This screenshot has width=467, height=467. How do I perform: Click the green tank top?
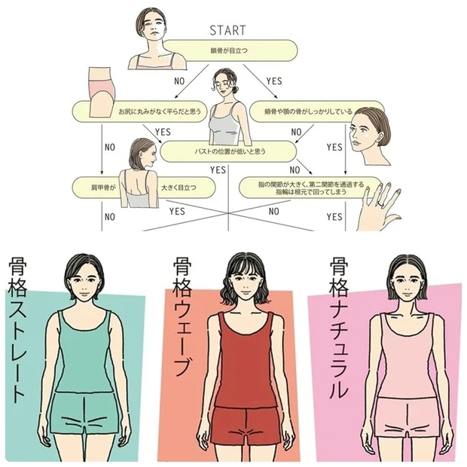point(83,354)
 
